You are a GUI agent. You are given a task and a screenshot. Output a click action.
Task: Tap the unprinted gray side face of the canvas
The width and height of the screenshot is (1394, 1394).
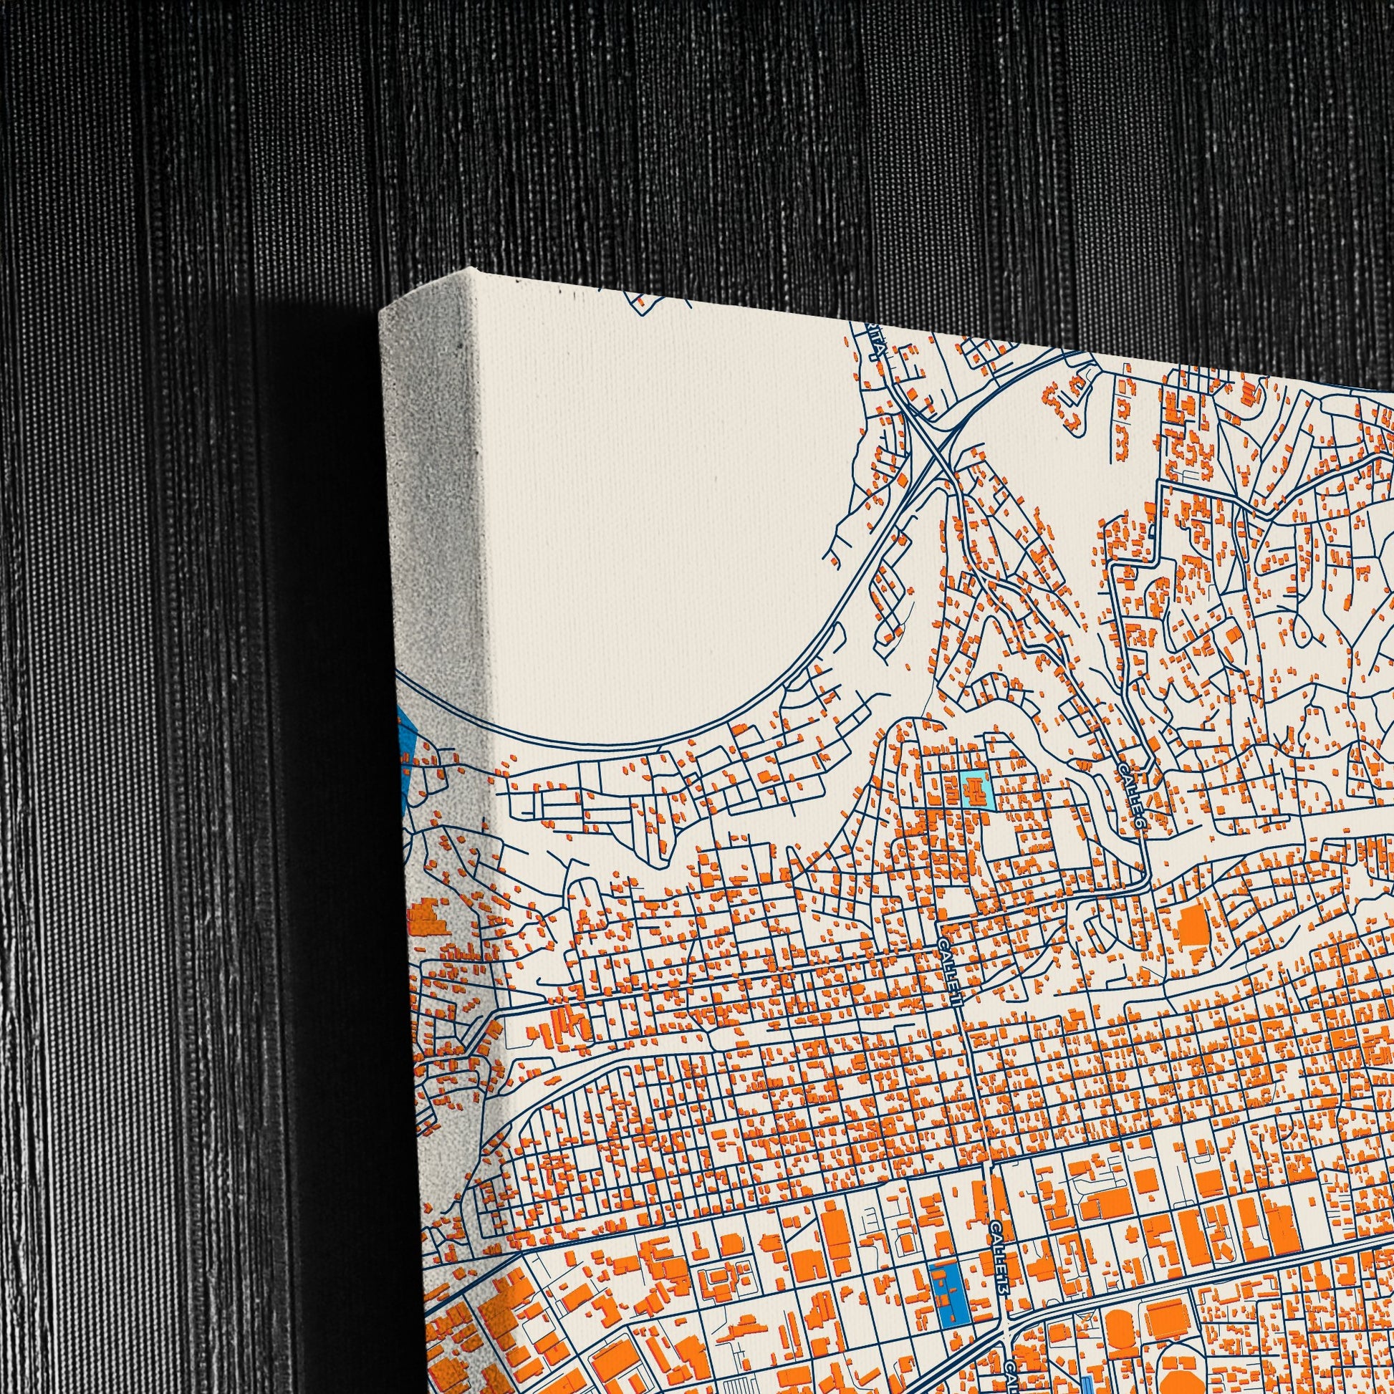click(x=433, y=505)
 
